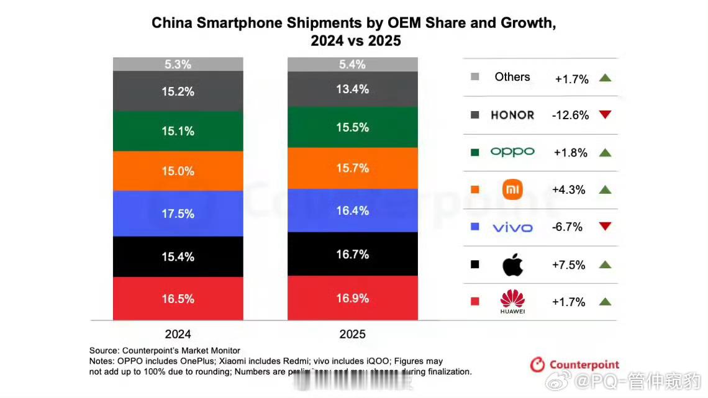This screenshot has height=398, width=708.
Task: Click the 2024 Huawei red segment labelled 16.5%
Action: click(178, 298)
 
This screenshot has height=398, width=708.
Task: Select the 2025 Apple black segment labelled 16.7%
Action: click(352, 254)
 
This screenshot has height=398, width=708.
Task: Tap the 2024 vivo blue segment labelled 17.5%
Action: click(178, 213)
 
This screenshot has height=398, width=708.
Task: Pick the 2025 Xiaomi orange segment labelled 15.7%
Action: click(352, 168)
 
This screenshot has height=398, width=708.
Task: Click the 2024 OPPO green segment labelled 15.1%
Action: click(178, 131)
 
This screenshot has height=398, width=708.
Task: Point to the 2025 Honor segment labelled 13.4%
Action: click(352, 89)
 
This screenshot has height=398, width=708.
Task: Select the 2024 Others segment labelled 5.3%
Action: click(178, 64)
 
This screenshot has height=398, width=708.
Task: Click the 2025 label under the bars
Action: click(352, 334)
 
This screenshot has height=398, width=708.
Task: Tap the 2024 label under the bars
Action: click(178, 333)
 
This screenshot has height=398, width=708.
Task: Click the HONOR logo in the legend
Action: click(512, 115)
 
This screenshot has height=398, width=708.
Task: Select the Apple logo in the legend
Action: click(512, 265)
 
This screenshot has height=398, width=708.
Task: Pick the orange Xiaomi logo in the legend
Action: click(512, 189)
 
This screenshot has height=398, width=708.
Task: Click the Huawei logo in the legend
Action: click(512, 301)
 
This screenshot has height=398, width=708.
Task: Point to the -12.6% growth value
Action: click(570, 115)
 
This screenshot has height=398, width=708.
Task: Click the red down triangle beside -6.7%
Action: click(606, 227)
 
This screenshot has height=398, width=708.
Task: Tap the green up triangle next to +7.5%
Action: click(606, 265)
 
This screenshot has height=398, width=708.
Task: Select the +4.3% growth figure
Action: click(569, 190)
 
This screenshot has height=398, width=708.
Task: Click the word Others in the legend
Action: click(512, 77)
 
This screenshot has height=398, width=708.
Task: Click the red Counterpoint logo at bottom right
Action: click(574, 364)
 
